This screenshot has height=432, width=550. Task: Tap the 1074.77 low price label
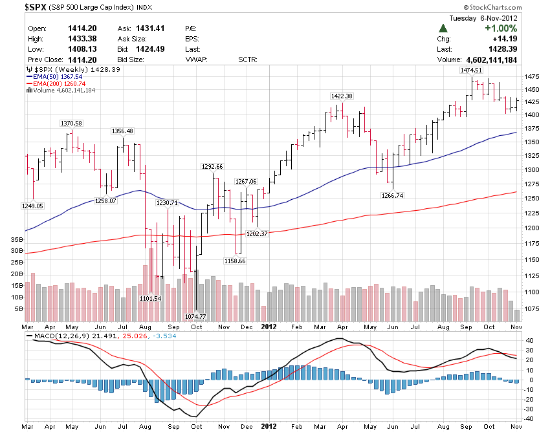[195, 316]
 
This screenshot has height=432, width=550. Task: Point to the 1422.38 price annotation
[341, 96]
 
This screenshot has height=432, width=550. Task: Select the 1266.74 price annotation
[393, 195]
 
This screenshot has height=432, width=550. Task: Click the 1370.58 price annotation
[71, 123]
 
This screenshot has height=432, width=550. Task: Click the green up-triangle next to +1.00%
[443, 28]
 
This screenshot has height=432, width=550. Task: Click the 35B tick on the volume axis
[17, 239]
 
